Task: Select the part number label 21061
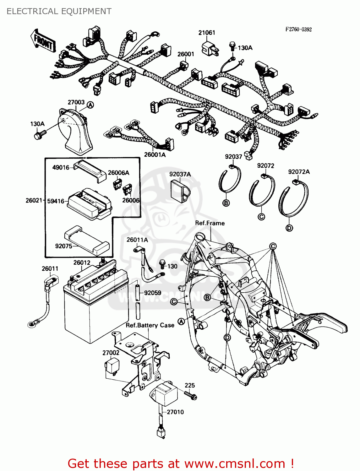206,33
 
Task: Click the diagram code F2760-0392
298,29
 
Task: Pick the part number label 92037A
180,174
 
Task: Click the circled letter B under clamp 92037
226,203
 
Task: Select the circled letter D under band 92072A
289,228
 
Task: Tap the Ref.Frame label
210,223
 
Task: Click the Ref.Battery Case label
150,325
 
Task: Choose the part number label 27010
175,412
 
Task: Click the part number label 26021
34,200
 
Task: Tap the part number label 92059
153,293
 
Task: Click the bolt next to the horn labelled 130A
39,135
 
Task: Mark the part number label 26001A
155,154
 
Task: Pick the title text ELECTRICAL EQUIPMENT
59,11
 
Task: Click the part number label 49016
61,167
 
